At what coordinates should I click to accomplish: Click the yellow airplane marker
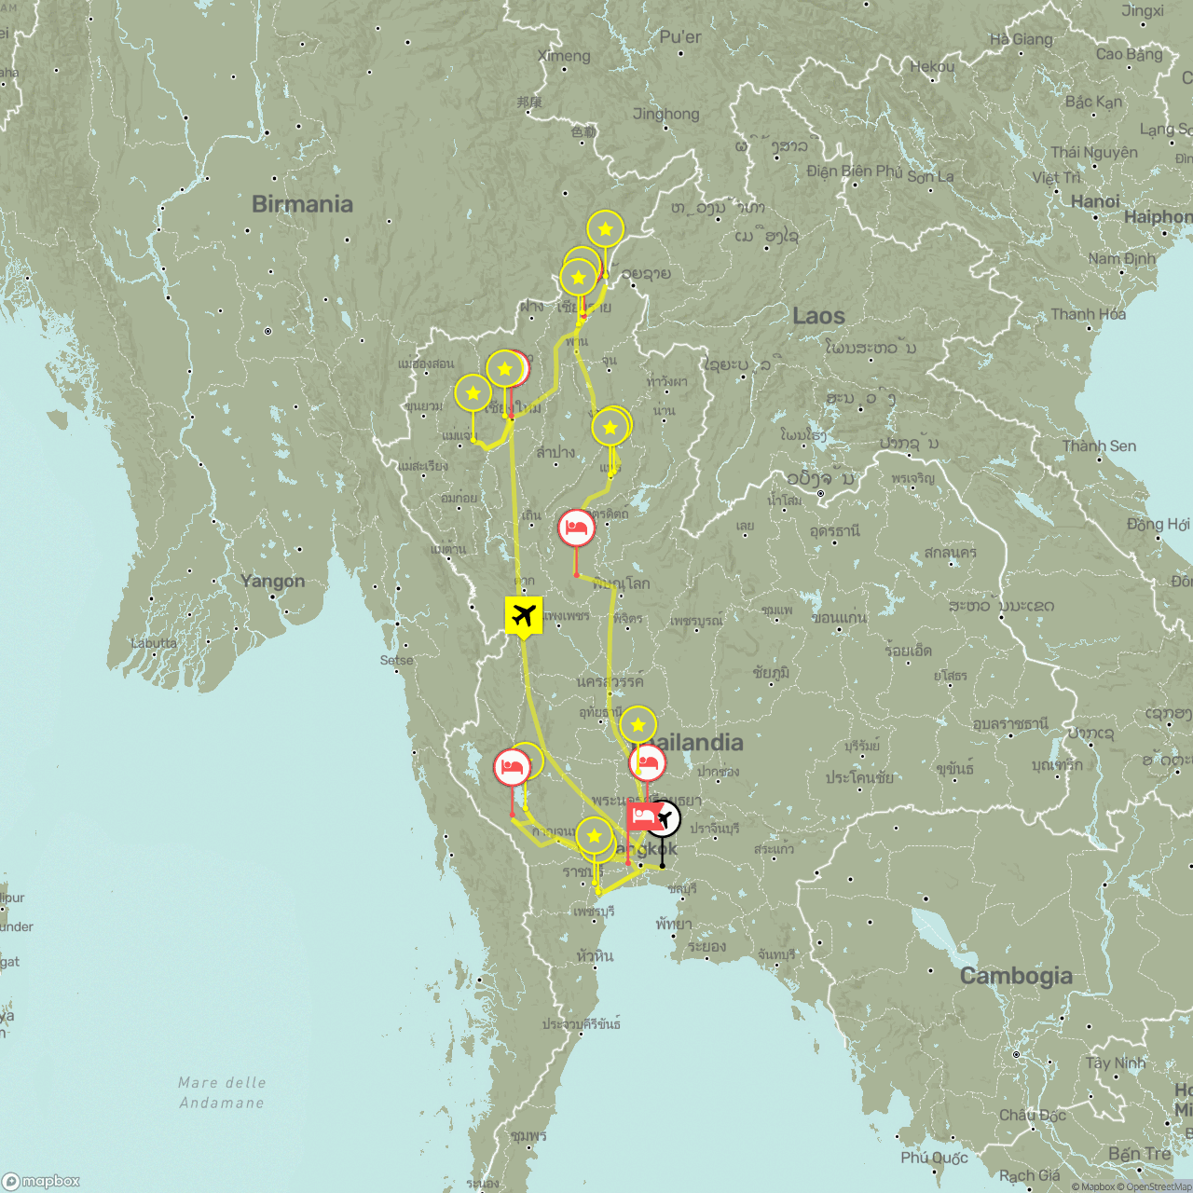(524, 615)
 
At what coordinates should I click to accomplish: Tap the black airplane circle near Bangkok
(664, 818)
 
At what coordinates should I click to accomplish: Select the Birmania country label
(302, 204)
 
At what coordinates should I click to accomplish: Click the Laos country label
(818, 316)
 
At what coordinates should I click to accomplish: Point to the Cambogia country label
(1016, 976)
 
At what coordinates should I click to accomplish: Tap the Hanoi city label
(1095, 201)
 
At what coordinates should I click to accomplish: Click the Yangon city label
(272, 581)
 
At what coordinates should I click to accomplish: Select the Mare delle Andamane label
(222, 1092)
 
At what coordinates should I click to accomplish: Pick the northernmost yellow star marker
(606, 228)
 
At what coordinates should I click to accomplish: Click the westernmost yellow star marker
(473, 393)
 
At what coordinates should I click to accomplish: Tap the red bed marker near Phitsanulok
(577, 528)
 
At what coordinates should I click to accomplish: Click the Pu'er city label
(679, 37)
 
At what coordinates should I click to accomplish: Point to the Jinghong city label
(665, 114)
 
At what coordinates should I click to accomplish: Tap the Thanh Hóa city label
(1088, 314)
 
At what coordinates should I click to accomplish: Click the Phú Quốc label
(934, 1158)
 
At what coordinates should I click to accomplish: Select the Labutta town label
(154, 643)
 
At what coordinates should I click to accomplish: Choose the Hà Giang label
(1021, 39)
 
